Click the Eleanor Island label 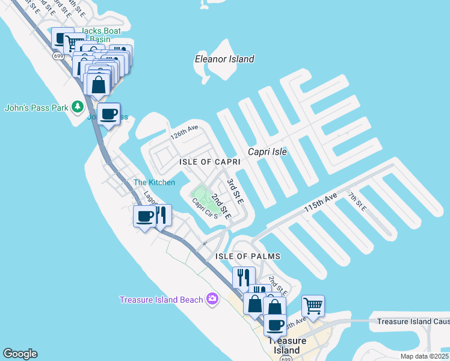[224, 59]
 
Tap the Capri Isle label [268, 152]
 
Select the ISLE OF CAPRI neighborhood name [210, 162]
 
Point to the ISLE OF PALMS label [248, 256]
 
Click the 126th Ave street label [183, 132]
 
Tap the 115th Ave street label [321, 203]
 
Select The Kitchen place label [154, 182]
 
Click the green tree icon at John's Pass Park [77, 107]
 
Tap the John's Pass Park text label [35, 108]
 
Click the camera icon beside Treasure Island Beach [212, 299]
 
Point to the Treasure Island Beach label [162, 300]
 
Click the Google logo [20, 354]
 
